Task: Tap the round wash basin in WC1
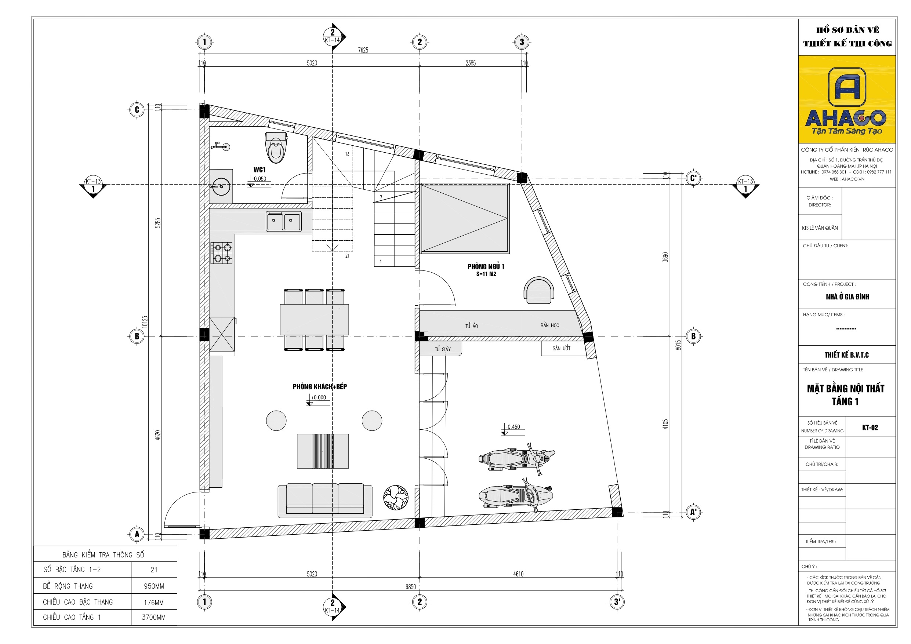pos(221,186)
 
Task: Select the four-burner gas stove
pos(221,253)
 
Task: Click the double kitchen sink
pos(284,221)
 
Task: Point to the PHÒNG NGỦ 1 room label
pos(486,267)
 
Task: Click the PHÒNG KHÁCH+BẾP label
pos(319,387)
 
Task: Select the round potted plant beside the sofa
pos(396,498)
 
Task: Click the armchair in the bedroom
pos(538,291)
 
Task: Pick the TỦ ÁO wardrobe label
pos(471,326)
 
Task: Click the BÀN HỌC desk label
pos(549,325)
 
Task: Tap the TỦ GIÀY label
pos(442,349)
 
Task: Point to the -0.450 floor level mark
pos(513,427)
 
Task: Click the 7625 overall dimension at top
pos(363,50)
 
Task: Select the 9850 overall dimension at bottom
pos(411,587)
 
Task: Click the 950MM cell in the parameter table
pos(153,586)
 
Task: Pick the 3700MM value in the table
pos(153,618)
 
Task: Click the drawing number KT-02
pos(870,428)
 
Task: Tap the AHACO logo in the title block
pos(847,99)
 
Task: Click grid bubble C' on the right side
pos(693,178)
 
